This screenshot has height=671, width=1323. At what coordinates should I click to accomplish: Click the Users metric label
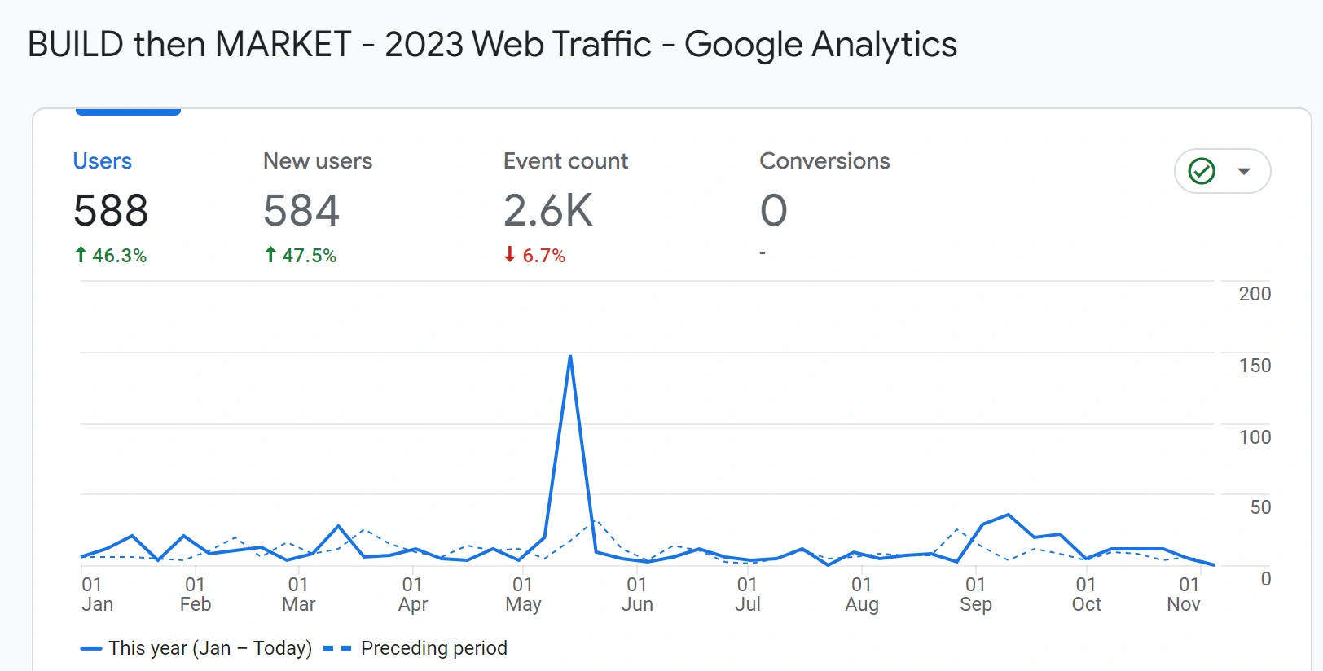tap(102, 161)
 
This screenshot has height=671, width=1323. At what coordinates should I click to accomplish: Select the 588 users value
tap(111, 211)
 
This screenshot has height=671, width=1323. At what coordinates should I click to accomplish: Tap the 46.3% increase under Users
tap(111, 256)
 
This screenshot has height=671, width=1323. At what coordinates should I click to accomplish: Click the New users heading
tap(317, 161)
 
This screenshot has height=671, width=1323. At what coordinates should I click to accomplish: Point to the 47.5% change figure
tap(301, 256)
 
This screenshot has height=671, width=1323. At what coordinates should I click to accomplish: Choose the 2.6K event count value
tap(547, 211)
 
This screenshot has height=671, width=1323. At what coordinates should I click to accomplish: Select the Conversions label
tap(824, 161)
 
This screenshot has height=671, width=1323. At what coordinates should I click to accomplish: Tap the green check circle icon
tap(1202, 171)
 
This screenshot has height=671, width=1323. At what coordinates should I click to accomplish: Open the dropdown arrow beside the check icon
tap(1244, 171)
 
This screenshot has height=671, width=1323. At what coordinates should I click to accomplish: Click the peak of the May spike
tap(570, 357)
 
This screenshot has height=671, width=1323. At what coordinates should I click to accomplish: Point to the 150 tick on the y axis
tap(1255, 366)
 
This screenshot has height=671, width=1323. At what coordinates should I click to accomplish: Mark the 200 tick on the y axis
tap(1255, 294)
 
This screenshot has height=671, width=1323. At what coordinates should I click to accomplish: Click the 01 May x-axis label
tap(523, 594)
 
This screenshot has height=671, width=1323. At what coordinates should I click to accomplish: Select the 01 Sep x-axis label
tap(975, 594)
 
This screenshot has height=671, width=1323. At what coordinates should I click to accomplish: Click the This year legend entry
tap(196, 648)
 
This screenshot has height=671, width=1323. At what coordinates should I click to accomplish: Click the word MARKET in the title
tap(283, 44)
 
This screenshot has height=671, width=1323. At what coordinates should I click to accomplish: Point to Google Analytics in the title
tap(820, 44)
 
